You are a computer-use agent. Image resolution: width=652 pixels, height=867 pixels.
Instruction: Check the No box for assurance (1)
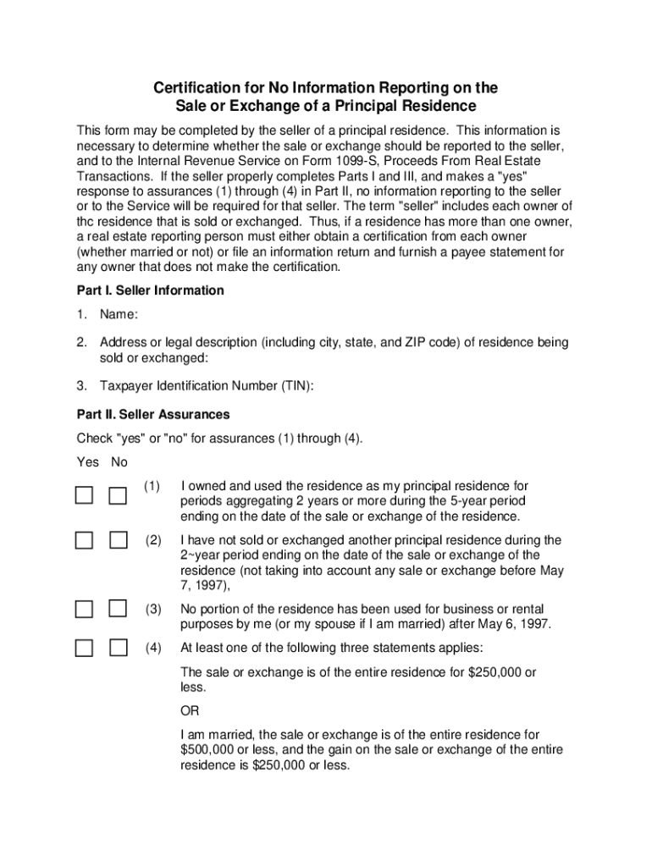tap(118, 495)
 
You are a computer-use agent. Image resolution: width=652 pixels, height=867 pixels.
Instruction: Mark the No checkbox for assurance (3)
tap(118, 608)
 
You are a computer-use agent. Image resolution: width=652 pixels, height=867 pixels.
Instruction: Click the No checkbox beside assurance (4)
tap(118, 648)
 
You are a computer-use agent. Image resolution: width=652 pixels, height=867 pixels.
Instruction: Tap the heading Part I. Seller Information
tap(150, 290)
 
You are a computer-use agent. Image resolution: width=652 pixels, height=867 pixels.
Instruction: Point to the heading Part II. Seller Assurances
tap(153, 415)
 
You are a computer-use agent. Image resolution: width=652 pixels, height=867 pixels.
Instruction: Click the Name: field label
tap(119, 315)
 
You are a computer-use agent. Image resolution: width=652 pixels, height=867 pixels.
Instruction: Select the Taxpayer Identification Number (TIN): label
tap(207, 386)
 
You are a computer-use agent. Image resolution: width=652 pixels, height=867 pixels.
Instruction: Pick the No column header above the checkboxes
tap(119, 462)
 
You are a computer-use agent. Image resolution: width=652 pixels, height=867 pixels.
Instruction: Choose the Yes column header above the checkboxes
tap(87, 462)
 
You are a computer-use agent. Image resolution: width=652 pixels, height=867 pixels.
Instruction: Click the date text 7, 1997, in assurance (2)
tap(205, 586)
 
